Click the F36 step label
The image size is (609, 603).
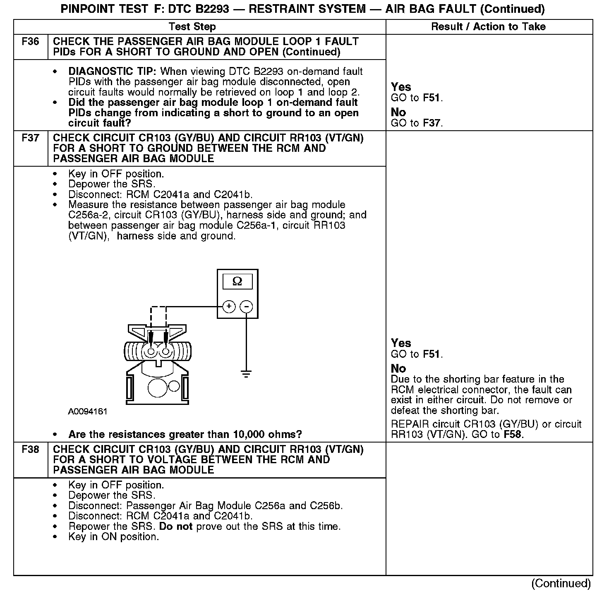(x=30, y=42)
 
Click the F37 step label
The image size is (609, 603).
(x=30, y=138)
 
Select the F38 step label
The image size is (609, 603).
(x=30, y=450)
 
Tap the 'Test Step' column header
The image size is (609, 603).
(x=192, y=27)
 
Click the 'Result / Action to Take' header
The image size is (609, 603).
(x=488, y=27)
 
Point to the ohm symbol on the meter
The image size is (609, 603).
(x=237, y=282)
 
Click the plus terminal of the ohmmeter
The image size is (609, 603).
(x=229, y=307)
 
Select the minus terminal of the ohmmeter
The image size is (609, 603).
(x=247, y=307)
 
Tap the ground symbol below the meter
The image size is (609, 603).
(x=246, y=374)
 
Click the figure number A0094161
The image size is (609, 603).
(x=88, y=412)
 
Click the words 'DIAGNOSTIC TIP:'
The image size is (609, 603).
(x=113, y=72)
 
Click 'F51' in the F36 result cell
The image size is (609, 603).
(x=432, y=98)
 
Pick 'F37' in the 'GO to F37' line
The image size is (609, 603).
(x=432, y=123)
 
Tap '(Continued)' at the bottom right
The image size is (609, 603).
(x=561, y=583)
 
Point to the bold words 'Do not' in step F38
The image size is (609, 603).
(x=176, y=526)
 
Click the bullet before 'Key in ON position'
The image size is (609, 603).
(x=55, y=537)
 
